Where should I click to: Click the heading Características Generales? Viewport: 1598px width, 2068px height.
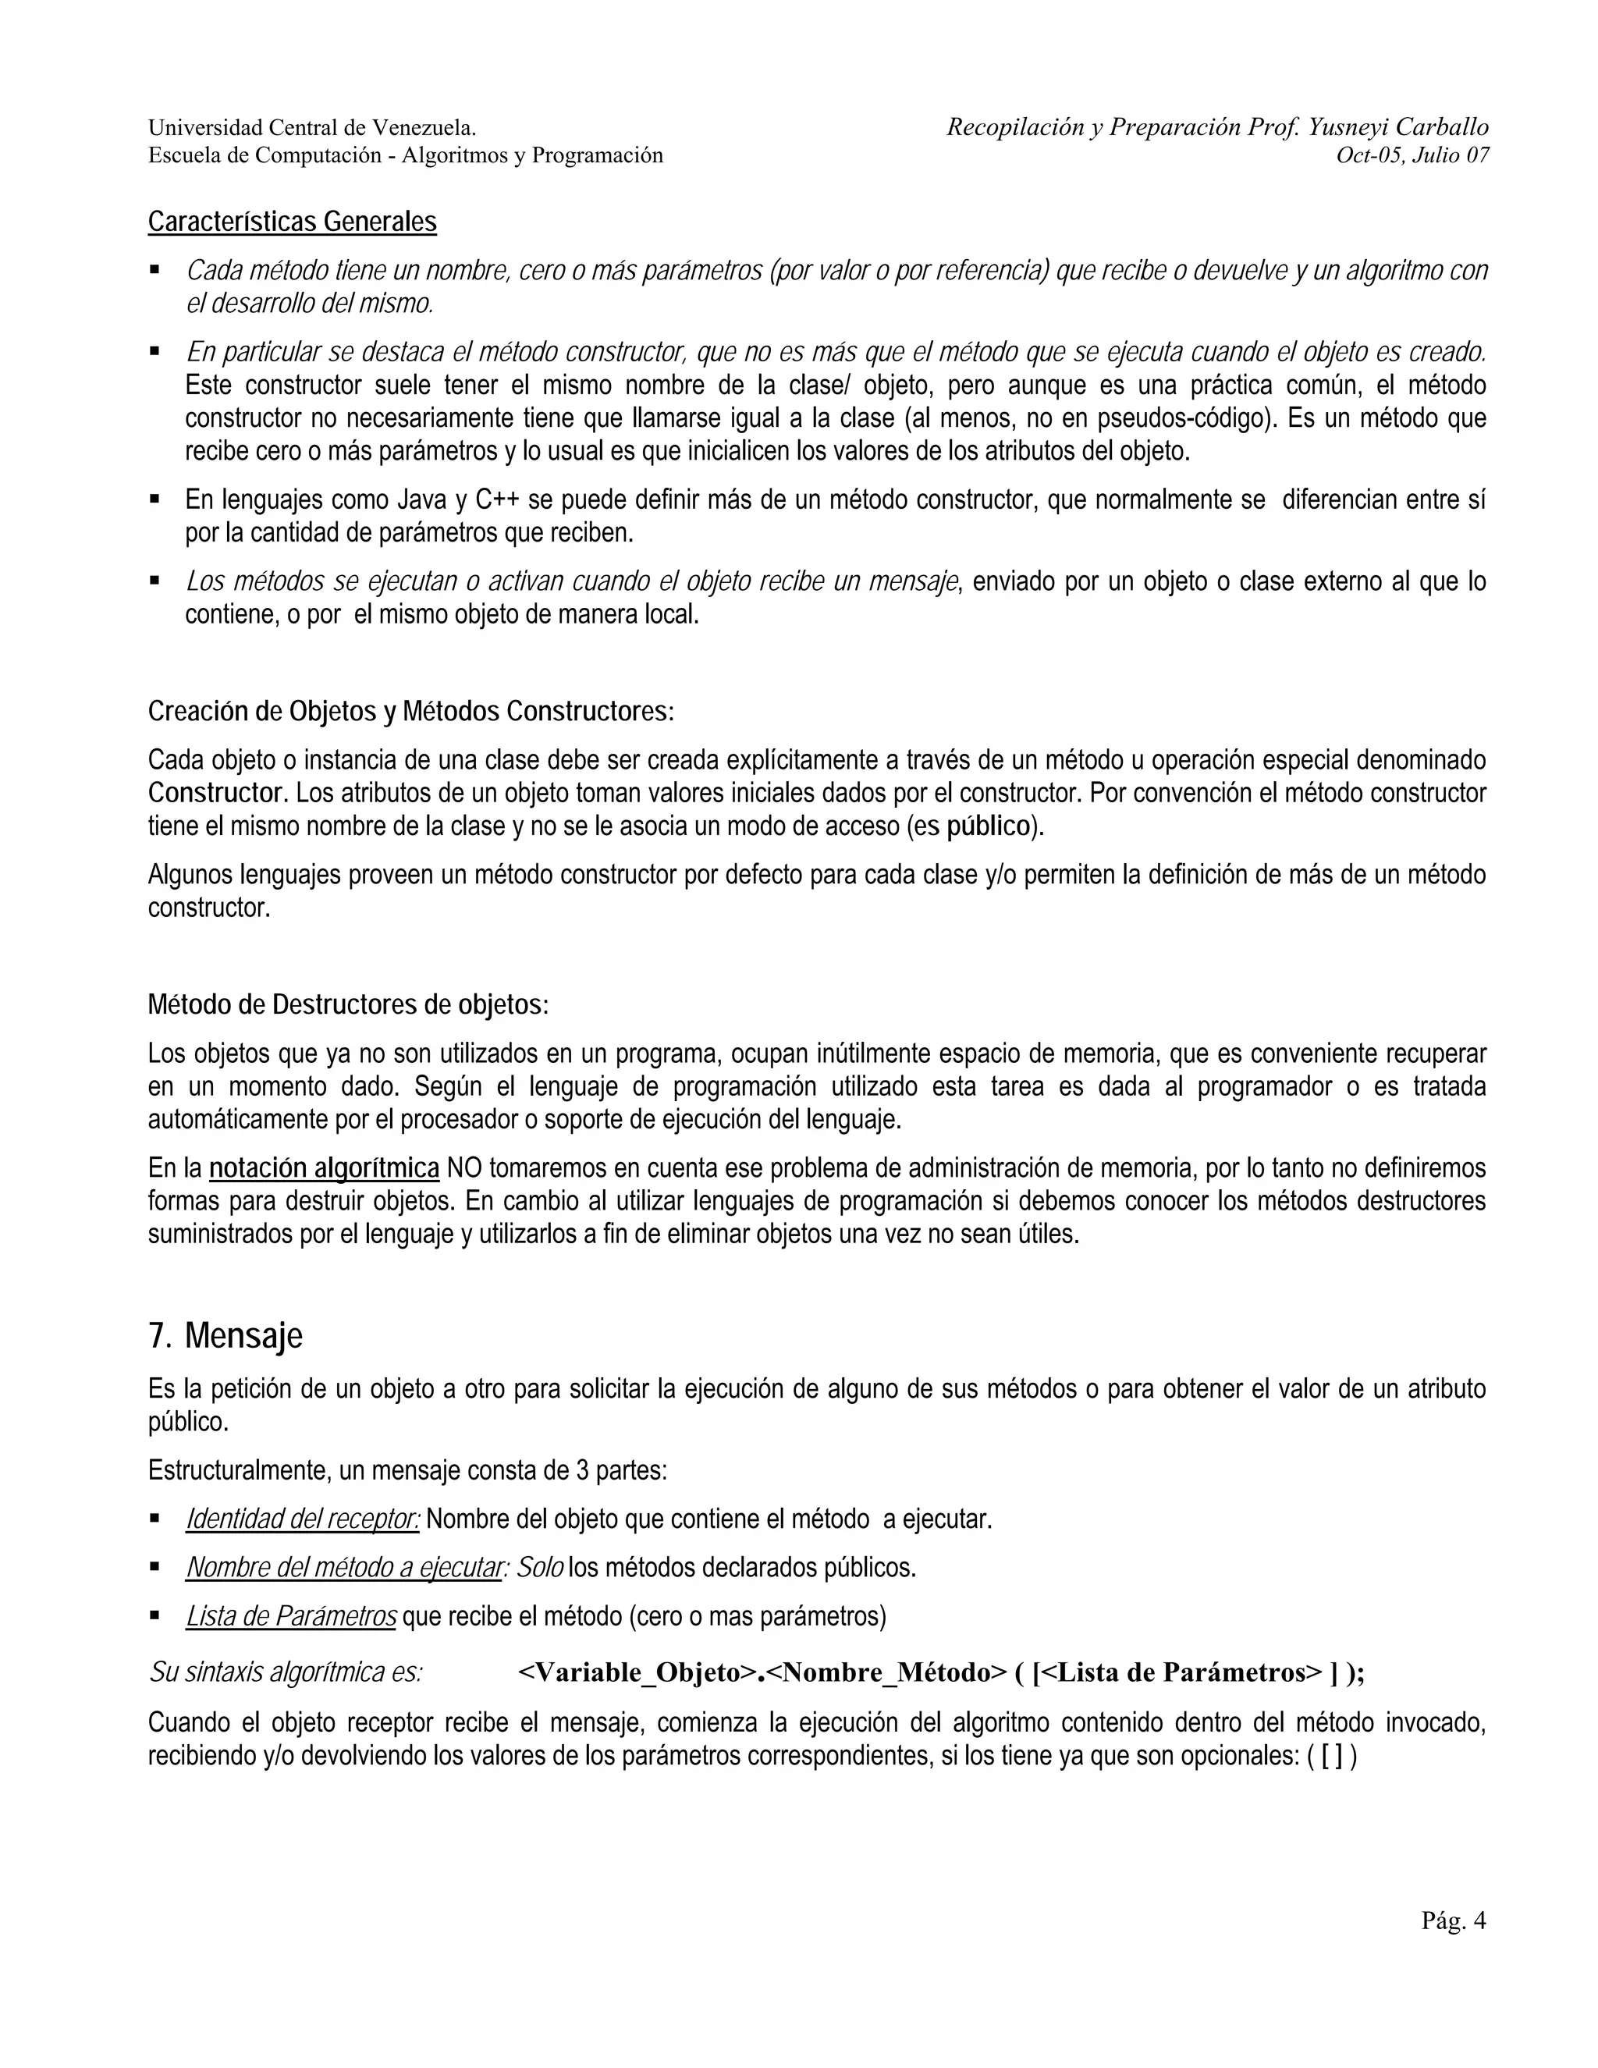tap(292, 222)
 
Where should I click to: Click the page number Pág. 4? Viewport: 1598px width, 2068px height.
tap(1453, 1921)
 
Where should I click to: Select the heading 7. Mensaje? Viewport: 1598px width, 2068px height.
tap(225, 1336)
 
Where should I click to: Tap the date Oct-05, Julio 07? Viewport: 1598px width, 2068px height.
tap(1412, 156)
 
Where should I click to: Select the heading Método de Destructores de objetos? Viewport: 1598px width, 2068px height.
tap(347, 1004)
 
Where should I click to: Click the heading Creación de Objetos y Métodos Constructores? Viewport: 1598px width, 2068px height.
tap(411, 711)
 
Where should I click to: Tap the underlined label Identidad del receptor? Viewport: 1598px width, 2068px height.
tap(303, 1519)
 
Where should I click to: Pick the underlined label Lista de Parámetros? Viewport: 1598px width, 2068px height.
tap(290, 1616)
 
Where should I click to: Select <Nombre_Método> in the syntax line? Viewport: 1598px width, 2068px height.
tap(886, 1673)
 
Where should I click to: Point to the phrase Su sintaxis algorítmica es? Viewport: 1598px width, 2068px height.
tap(285, 1673)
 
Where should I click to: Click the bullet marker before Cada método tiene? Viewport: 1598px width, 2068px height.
tap(154, 270)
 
